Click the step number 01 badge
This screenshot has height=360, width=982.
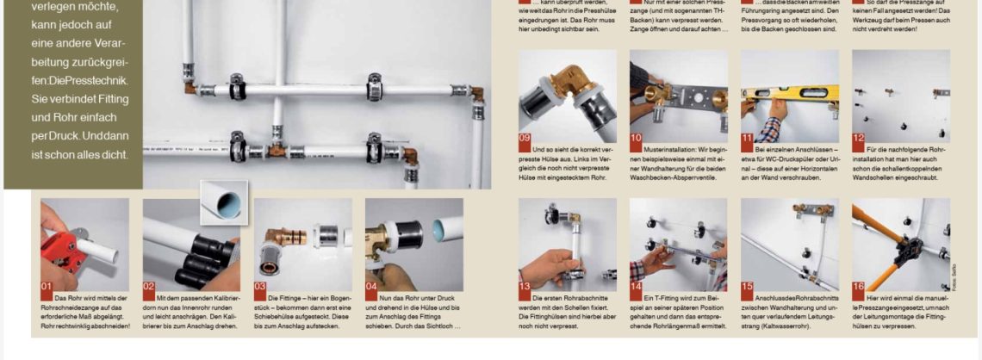(47, 286)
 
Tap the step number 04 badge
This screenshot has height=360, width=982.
(372, 286)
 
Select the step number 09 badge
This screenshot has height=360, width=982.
(525, 137)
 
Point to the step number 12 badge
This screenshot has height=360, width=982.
(858, 137)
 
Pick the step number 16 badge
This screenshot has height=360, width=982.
(858, 286)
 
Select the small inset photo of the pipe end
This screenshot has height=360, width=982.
(224, 201)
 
